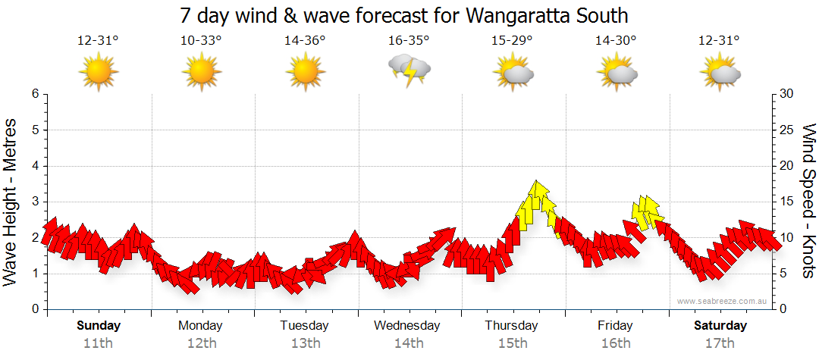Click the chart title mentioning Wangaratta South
tap(404, 15)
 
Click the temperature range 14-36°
tap(305, 41)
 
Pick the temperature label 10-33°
tap(201, 41)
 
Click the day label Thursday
tap(511, 326)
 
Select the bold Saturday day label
tap(720, 326)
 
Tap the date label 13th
tap(305, 343)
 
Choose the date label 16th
tap(615, 343)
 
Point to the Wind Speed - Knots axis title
tap(808, 201)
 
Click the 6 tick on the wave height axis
tap(35, 94)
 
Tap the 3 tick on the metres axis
tap(35, 202)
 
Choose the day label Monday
tap(200, 326)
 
